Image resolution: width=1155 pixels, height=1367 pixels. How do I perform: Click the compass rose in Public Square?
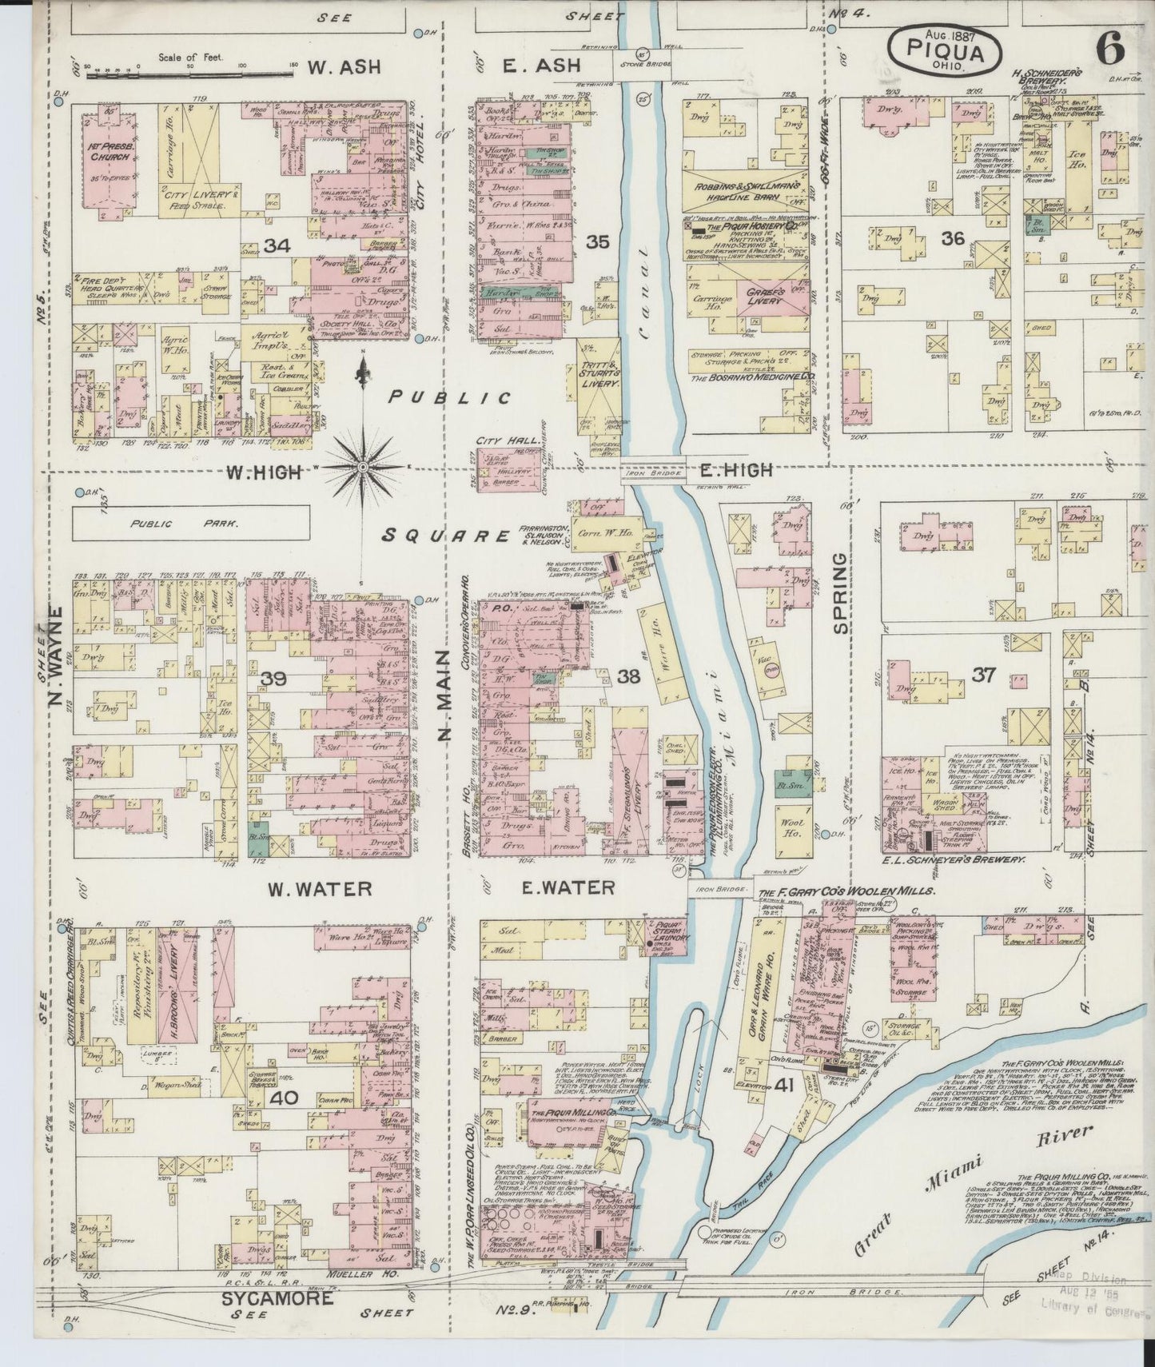click(361, 466)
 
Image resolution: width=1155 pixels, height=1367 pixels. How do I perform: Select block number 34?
click(277, 246)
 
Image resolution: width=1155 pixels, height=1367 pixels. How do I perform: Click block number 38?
click(629, 677)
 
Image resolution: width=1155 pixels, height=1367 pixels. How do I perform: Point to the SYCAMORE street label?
click(277, 1299)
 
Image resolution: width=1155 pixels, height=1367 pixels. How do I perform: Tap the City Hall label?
click(498, 441)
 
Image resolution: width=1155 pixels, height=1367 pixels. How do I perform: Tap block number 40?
click(284, 1098)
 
